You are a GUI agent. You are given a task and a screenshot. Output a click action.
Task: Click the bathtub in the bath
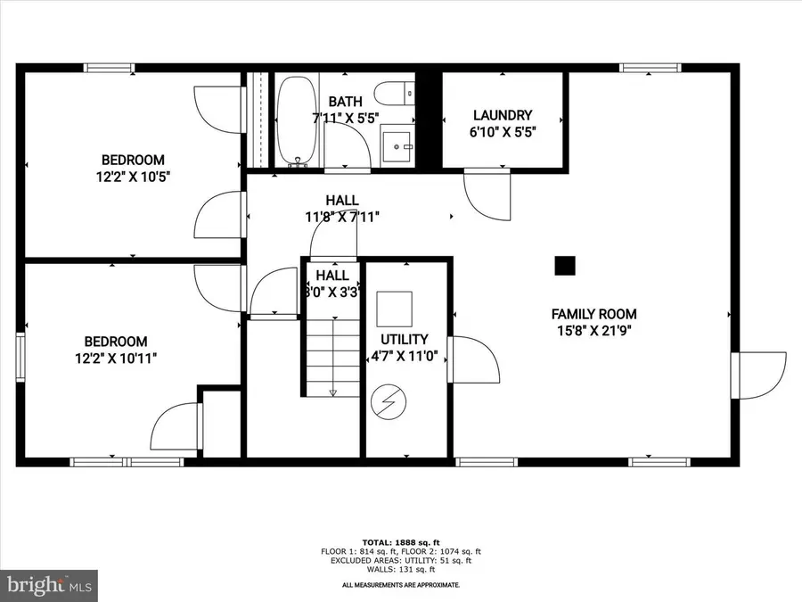pyautogui.click(x=293, y=121)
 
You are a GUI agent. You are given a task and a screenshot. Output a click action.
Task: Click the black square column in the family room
pyautogui.click(x=564, y=265)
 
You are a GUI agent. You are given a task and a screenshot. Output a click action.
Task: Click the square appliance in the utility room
pyautogui.click(x=394, y=309)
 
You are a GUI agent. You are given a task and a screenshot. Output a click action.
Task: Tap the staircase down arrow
pyautogui.click(x=332, y=389)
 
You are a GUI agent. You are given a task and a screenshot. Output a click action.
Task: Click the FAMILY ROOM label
pyautogui.click(x=593, y=314)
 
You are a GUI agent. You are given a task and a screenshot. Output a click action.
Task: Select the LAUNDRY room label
pyautogui.click(x=503, y=115)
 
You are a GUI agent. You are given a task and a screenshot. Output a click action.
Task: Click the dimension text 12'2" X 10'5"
pyautogui.click(x=132, y=177)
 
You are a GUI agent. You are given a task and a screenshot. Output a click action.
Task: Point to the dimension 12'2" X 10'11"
pyautogui.click(x=116, y=358)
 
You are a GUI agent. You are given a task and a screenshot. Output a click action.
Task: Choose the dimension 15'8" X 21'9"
pyautogui.click(x=593, y=331)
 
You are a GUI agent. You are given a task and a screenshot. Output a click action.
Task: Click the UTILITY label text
pyautogui.click(x=405, y=340)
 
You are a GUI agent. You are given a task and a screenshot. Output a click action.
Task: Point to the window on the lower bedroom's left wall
pyautogui.click(x=20, y=357)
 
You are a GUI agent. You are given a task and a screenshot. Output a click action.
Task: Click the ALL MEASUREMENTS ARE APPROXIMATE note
pyautogui.click(x=401, y=585)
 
